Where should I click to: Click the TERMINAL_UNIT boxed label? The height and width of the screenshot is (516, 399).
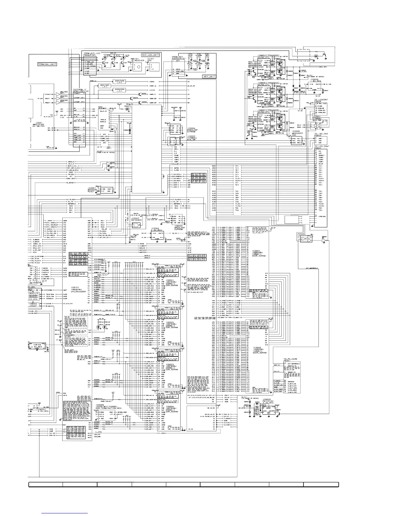tap(47, 64)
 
